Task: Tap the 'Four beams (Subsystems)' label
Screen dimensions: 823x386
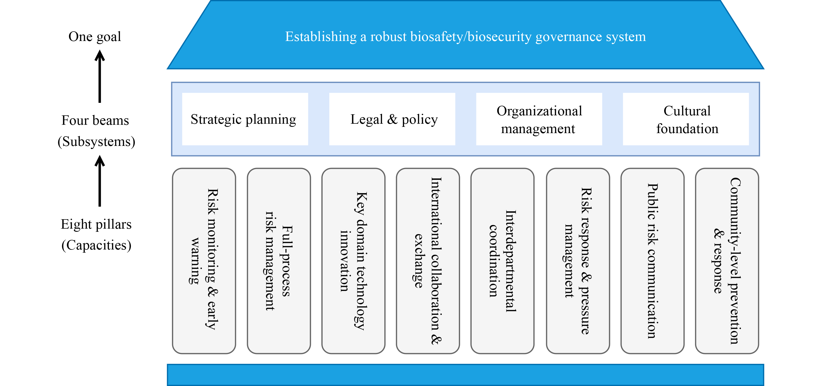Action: pos(96,130)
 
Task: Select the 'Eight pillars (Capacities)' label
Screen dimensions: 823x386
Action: pos(96,235)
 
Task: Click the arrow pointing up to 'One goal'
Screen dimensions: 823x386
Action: pos(100,76)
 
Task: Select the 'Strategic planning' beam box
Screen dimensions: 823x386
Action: pos(245,119)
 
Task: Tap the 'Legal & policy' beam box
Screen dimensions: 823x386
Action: pos(392,119)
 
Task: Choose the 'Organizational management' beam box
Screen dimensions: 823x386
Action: pos(539,119)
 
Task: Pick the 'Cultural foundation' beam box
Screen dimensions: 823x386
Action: pos(686,119)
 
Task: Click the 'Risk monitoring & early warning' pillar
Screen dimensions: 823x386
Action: pos(204,261)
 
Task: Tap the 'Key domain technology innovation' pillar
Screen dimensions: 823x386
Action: pos(353,261)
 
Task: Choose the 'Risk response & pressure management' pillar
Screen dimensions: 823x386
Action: pos(578,261)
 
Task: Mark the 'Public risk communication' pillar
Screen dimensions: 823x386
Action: pos(652,261)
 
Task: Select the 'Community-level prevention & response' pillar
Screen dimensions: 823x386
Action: pos(727,261)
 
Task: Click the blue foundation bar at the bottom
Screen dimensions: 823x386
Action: pos(465,375)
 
